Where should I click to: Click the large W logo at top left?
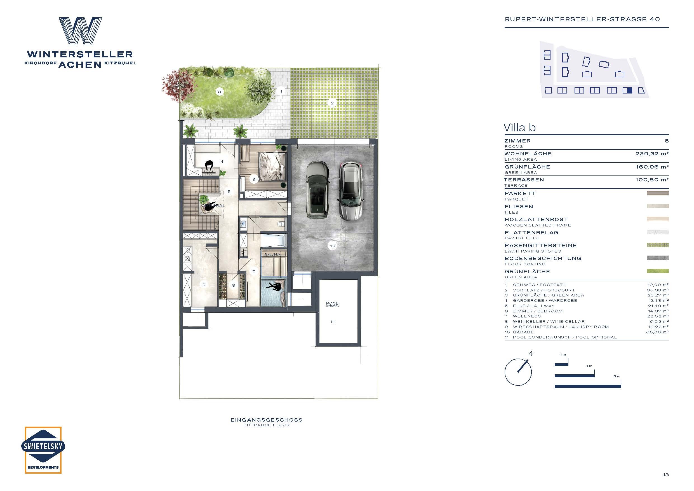pos(80,31)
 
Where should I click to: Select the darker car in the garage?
pos(317,190)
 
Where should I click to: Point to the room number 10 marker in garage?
pos(333,246)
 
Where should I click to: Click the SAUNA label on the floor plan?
pos(272,254)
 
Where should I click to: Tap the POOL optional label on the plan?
pos(332,304)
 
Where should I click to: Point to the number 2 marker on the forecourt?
pos(332,103)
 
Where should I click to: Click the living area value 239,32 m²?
pos(652,154)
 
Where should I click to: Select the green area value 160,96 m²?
pos(652,167)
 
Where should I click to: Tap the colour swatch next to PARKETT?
pos(658,193)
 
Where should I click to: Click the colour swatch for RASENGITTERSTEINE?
pos(658,245)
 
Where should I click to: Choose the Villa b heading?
pos(520,128)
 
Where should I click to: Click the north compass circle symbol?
pos(518,372)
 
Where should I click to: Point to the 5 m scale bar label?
pos(617,376)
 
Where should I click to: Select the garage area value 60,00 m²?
pos(658,332)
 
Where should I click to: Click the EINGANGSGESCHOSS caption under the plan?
pos(266,420)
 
